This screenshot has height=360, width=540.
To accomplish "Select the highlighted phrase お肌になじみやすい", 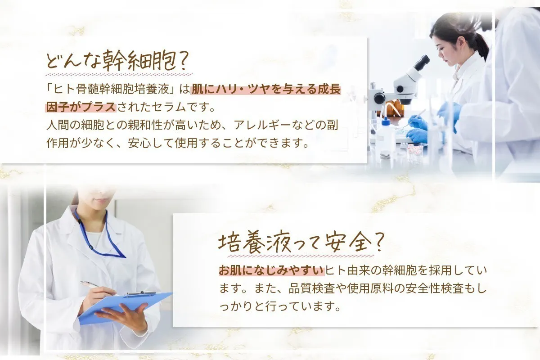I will tap(271, 270).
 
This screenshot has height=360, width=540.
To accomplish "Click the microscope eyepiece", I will tap(422, 63).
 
